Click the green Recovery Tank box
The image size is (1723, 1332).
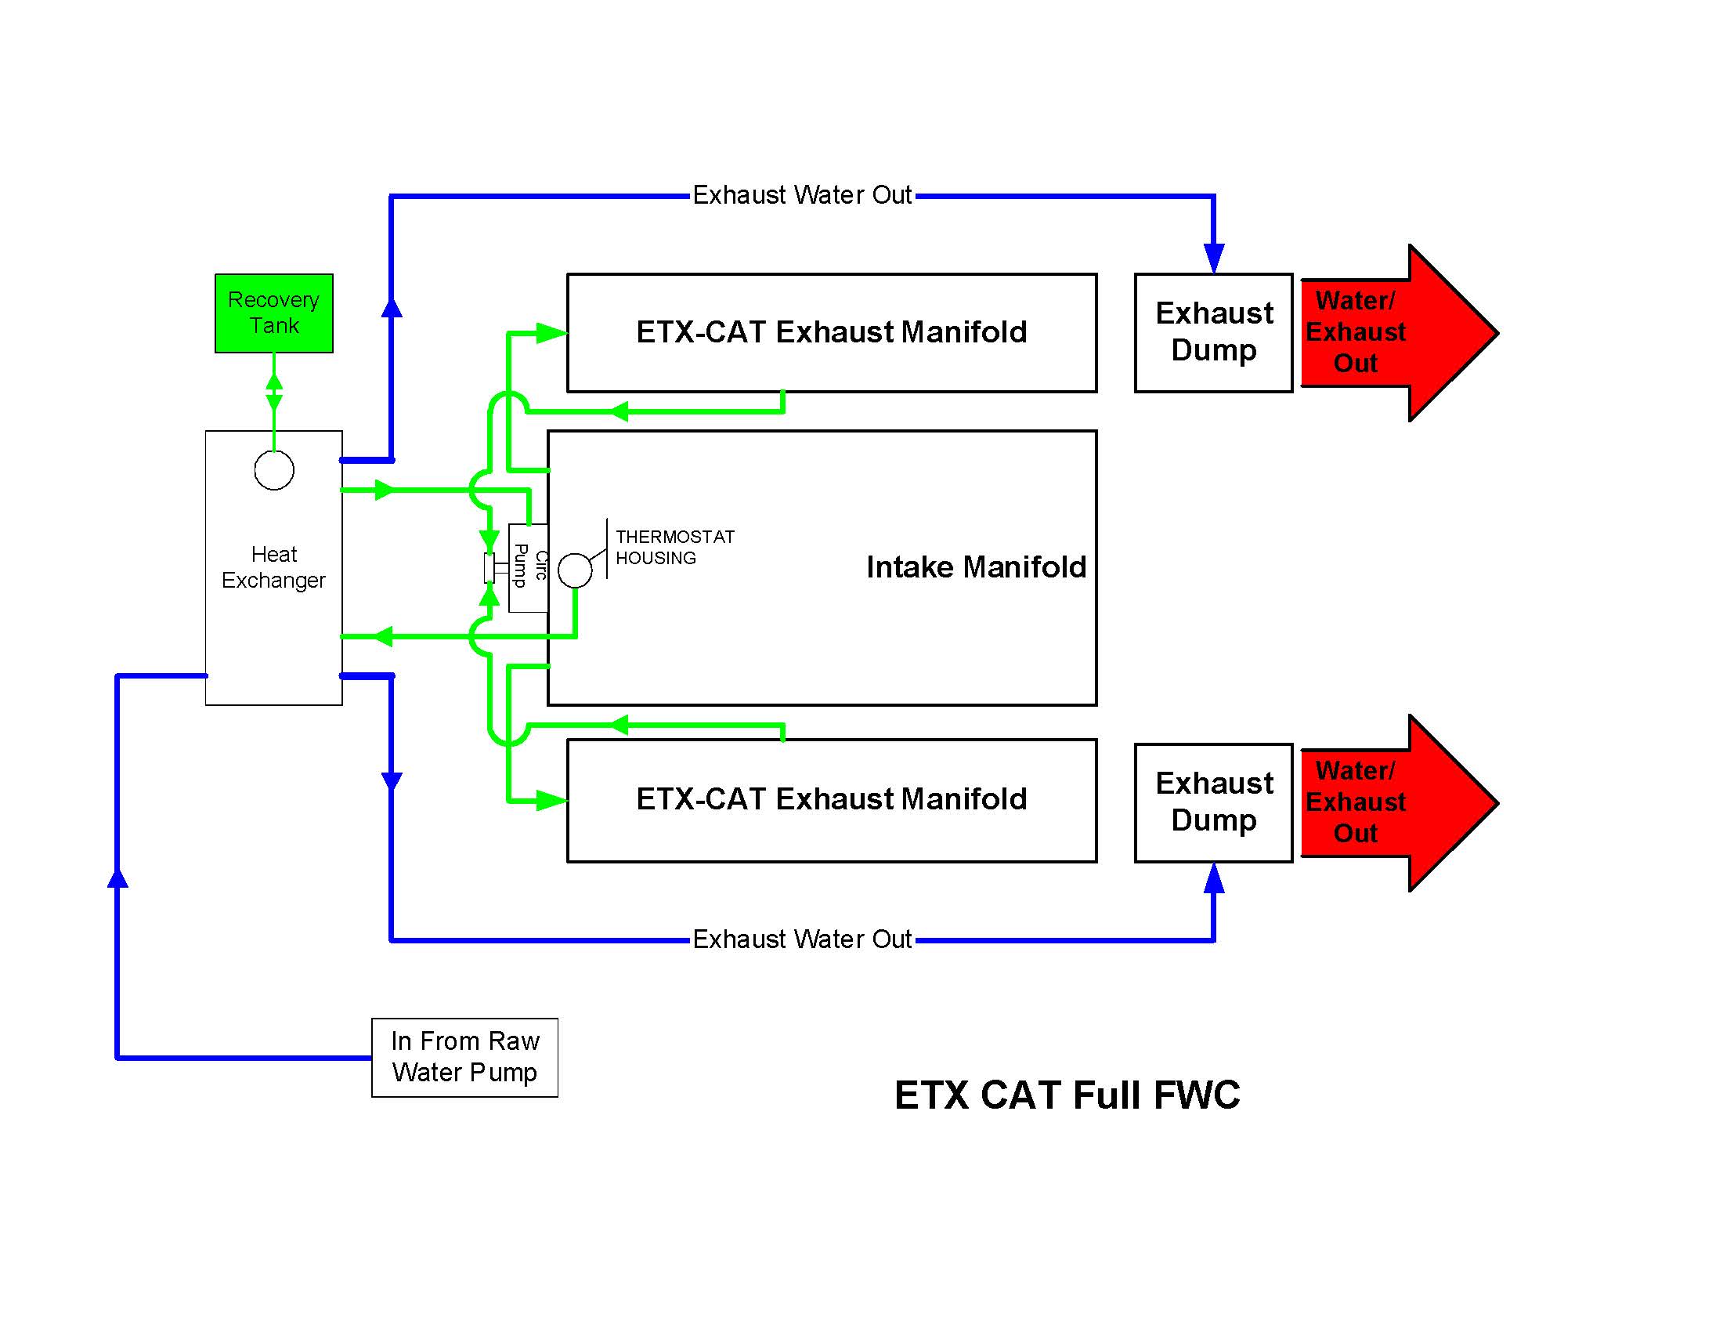pos(274,313)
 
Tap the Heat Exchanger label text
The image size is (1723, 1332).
pos(273,567)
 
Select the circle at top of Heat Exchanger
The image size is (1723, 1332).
pos(274,470)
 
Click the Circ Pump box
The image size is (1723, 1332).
pos(528,567)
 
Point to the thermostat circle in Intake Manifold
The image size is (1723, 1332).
pos(574,570)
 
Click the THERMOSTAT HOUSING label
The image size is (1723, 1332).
pos(674,547)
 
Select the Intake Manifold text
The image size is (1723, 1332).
pos(975,567)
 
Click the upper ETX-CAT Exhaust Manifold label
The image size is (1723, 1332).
pos(831,332)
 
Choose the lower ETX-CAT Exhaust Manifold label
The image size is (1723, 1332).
pos(831,799)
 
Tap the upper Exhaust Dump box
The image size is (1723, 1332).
pos(1212,332)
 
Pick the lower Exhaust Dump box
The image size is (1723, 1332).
pos(1212,802)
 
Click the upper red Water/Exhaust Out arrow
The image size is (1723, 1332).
pos(1389,332)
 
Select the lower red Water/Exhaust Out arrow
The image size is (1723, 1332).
pos(1389,802)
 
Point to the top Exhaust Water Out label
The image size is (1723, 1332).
pos(801,195)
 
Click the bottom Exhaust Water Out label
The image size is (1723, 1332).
pos(801,939)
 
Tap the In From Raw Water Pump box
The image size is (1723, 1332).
pos(464,1057)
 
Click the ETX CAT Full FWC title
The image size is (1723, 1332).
pos(1067,1095)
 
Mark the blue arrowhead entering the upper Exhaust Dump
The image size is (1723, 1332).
pos(1213,258)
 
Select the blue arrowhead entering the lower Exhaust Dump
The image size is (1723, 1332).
pos(1213,878)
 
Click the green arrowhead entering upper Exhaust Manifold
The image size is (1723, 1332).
pos(551,333)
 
